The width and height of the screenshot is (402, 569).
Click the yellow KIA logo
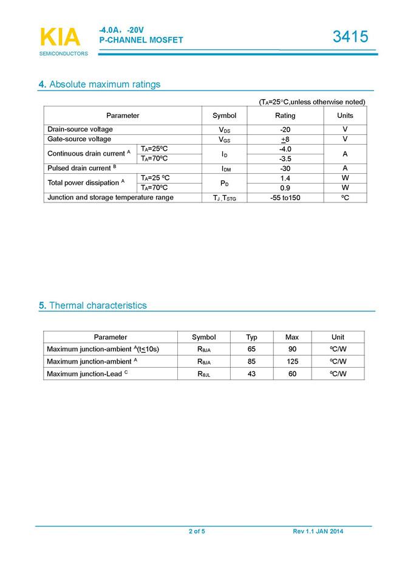coord(60,37)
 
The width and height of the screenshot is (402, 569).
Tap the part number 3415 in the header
coord(350,37)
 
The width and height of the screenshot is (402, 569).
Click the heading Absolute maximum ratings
coord(100,84)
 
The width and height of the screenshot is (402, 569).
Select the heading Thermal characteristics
coord(92,306)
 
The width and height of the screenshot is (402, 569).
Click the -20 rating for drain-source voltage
coord(285,129)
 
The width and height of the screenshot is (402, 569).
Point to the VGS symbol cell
coord(224,139)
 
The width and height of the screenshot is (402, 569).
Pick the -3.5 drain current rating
coord(285,159)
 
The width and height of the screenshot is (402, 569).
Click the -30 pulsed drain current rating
coord(285,168)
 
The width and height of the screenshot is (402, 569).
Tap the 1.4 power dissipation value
coord(285,178)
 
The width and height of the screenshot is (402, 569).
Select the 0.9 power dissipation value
coord(285,188)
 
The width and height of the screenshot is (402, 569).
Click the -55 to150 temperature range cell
coord(285,198)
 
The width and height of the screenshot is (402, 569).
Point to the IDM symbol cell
coord(225,168)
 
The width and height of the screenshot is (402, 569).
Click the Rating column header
coord(285,116)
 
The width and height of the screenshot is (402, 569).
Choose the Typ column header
coord(251,337)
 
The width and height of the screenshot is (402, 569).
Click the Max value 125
coord(292,361)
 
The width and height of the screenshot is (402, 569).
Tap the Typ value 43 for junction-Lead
coord(251,374)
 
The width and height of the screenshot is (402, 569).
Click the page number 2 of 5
coord(197,532)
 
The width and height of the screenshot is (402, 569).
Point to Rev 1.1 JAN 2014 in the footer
coord(318,532)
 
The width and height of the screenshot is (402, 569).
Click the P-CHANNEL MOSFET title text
coord(141,40)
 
